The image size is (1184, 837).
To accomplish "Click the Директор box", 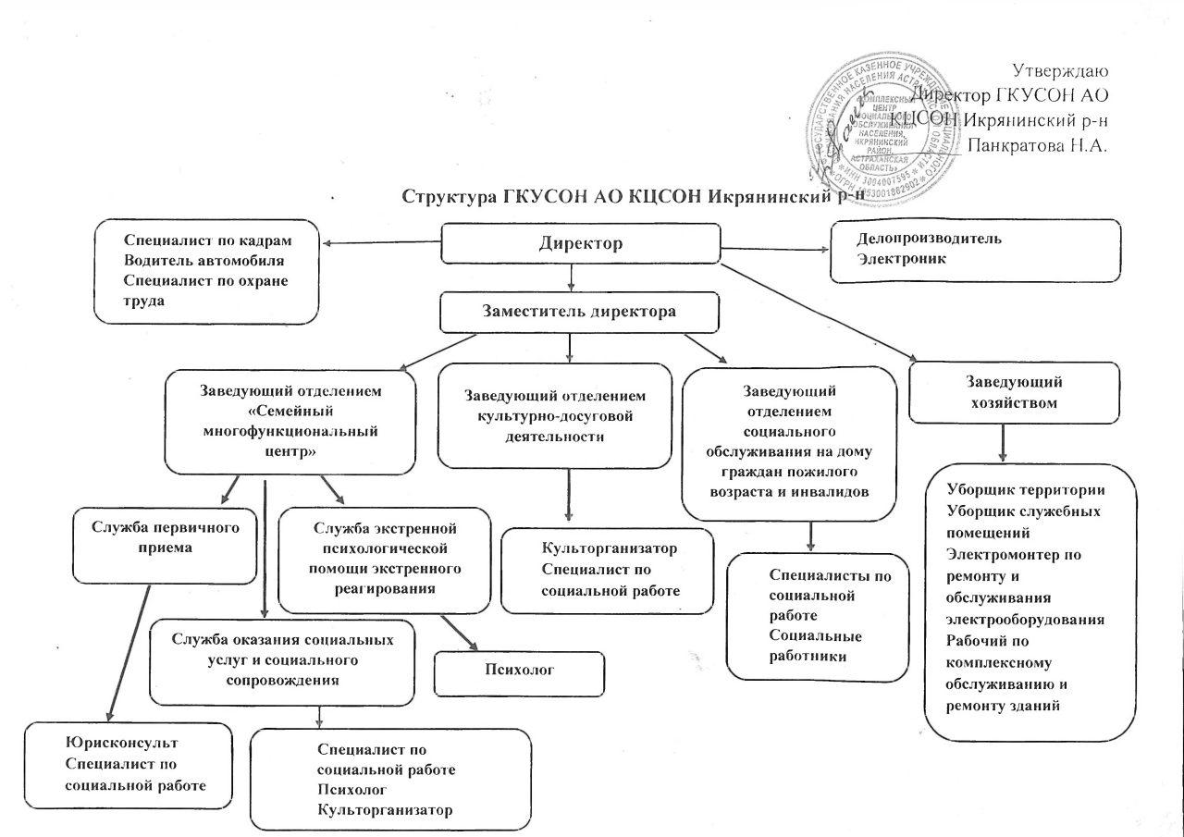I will [581, 244].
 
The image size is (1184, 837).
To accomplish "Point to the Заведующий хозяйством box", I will [1014, 392].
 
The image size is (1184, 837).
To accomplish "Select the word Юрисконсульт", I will [122, 743].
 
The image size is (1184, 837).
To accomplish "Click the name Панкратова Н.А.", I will [1037, 144].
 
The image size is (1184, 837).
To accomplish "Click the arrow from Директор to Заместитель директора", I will [572, 278].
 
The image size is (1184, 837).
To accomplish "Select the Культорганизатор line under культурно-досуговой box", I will [610, 548].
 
